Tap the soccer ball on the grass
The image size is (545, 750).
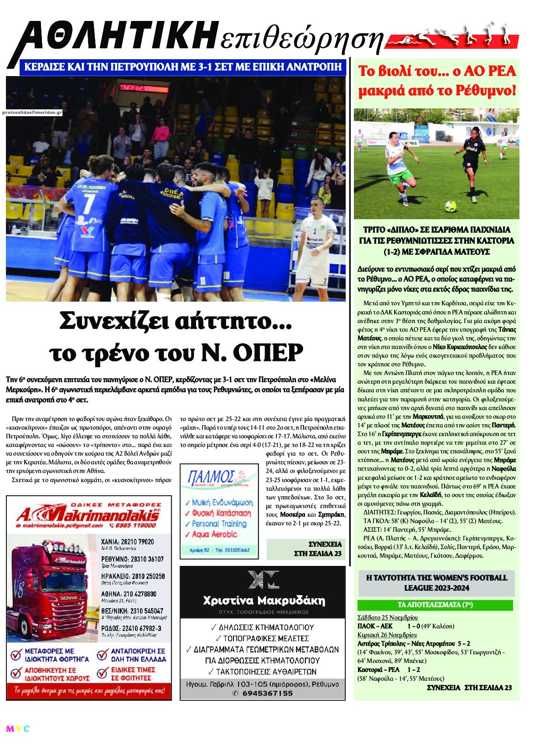(x=451, y=206)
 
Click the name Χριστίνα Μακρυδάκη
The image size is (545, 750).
(x=264, y=600)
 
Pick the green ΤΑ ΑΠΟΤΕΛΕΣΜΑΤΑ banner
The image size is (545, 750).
(x=435, y=605)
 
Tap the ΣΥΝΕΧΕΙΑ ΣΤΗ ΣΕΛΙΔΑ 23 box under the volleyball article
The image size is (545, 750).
(x=306, y=549)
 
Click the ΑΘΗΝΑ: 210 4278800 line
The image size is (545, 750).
(x=129, y=594)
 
